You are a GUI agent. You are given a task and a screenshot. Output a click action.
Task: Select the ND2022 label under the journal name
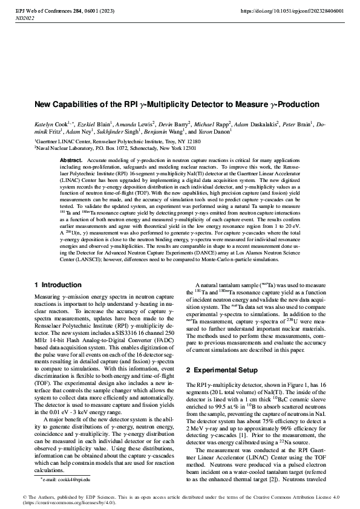click(24, 19)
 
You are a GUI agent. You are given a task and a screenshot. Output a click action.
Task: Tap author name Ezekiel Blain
click(80, 122)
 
